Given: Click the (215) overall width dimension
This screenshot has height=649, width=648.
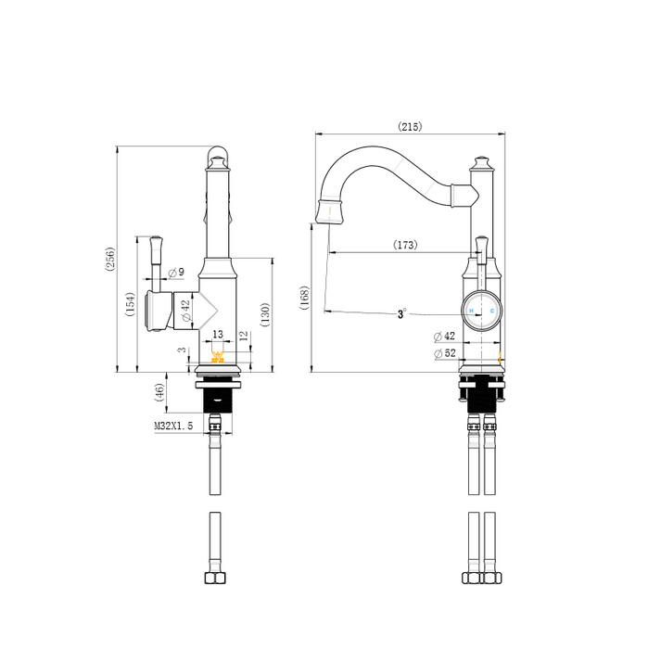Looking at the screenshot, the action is tap(410, 126).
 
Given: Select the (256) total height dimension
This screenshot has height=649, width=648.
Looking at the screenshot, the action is tap(110, 259).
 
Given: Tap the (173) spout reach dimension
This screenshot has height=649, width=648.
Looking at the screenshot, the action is tap(405, 245).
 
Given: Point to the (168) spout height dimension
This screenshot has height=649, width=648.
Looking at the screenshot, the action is tap(305, 298).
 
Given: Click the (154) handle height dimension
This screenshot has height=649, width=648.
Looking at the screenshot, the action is tap(131, 304).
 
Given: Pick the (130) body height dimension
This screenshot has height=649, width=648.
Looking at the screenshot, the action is tap(265, 314).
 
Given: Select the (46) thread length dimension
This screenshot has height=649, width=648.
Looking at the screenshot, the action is tap(159, 392).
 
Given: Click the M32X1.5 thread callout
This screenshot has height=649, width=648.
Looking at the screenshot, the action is tap(173, 426).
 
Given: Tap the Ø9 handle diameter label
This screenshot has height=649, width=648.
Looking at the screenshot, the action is tap(177, 273).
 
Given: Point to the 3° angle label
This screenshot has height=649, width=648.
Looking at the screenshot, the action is tap(401, 313).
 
